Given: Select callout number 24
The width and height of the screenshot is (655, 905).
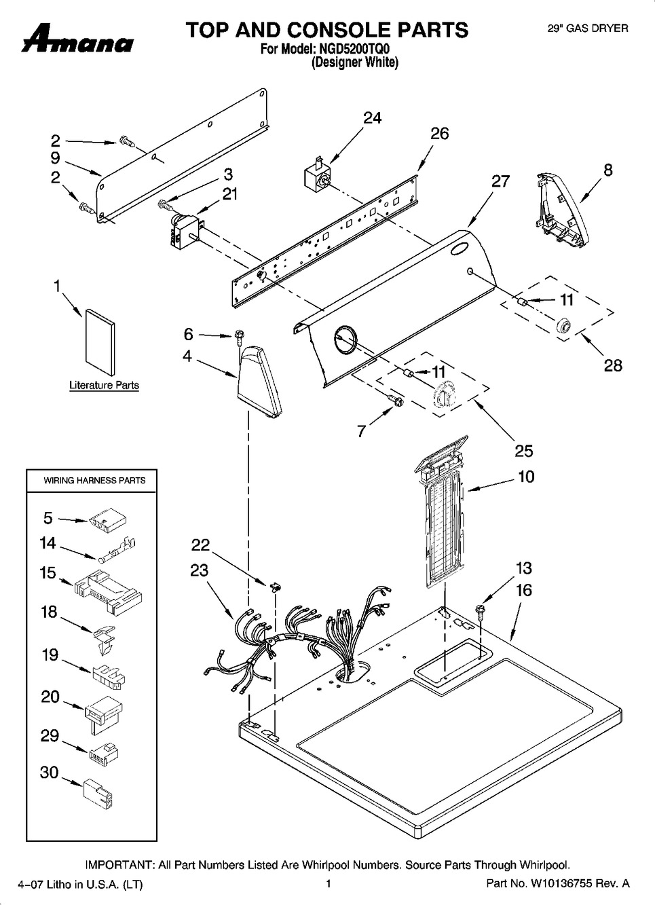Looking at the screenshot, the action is pos(372,117).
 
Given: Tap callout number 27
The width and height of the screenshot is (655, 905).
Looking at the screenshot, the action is pos(500,181).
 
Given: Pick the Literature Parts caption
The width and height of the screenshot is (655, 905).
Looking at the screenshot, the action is pos(104,385).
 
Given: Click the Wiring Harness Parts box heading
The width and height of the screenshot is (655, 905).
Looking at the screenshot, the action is pos(94,481).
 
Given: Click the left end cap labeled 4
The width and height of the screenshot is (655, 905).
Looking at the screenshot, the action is pos(259,382).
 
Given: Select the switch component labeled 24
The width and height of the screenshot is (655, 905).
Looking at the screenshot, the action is pos(318,174).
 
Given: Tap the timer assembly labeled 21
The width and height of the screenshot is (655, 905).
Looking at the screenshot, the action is pos(185,231).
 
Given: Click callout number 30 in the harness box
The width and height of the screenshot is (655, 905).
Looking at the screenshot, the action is pos(50,772).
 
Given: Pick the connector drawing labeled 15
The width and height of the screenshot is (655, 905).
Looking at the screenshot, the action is pos(109,592).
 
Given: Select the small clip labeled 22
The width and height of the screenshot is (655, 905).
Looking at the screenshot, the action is pos(276,586).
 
